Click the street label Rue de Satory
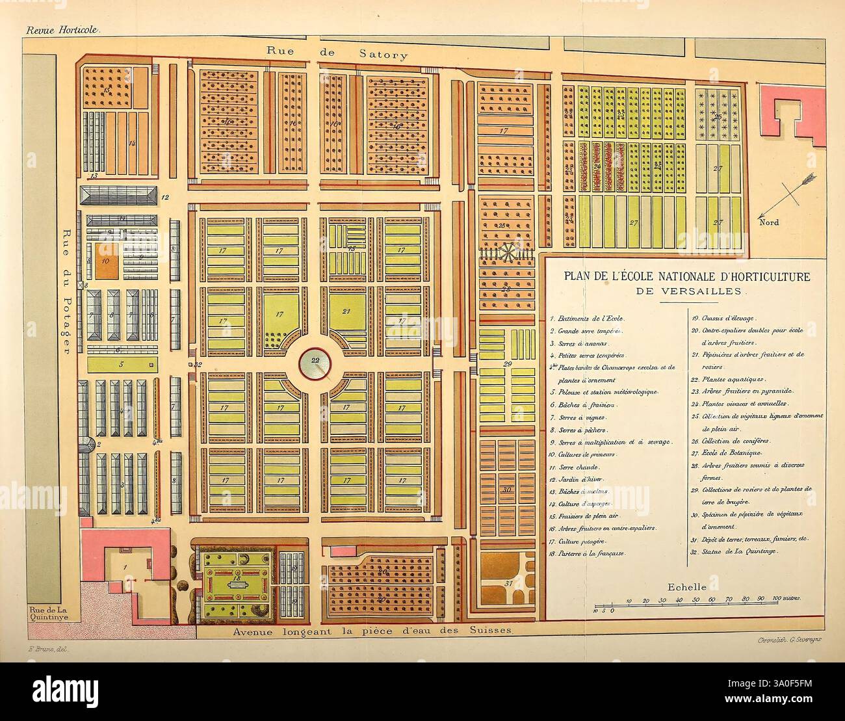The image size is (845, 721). point(337,54)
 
